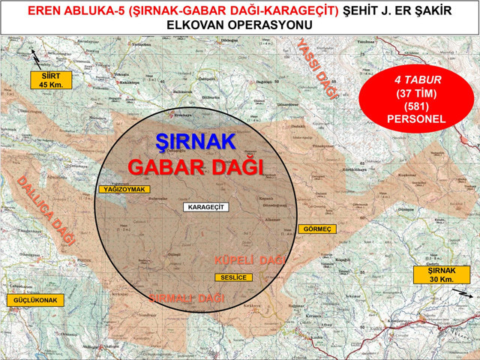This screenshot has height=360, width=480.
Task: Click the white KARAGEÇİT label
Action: point(206,206)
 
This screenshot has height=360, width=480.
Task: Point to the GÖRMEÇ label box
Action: point(316,229)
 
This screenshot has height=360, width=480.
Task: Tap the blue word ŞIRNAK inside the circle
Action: point(195,141)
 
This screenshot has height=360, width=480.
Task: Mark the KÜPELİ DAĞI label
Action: point(250,260)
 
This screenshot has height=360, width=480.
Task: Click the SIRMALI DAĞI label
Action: point(187,299)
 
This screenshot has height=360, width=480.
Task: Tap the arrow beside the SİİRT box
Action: point(34,55)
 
